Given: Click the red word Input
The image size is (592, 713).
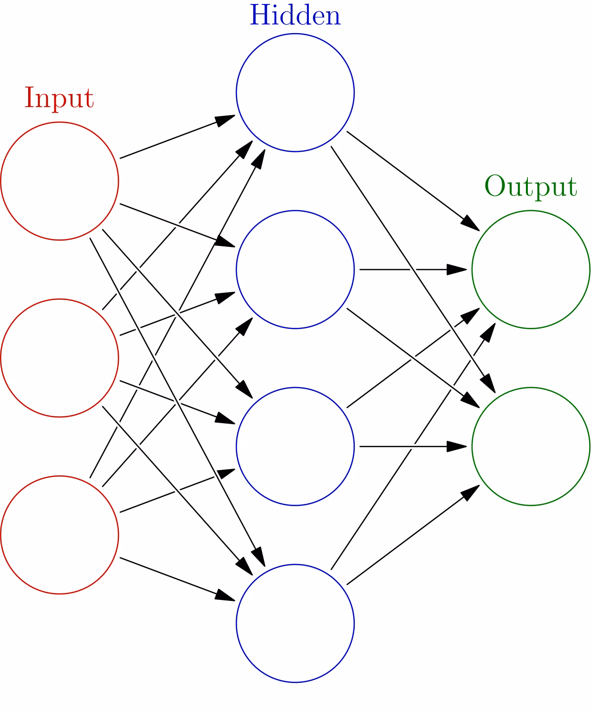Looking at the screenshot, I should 59,99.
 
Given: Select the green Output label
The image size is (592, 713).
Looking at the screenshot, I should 531,187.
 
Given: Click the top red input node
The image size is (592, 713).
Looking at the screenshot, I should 60,181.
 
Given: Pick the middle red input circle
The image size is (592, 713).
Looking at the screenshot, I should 60,358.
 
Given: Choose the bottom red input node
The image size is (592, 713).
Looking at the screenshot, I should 60,535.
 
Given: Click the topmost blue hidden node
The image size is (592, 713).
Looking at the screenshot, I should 295,93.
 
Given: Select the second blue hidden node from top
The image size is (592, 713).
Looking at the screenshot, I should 295,270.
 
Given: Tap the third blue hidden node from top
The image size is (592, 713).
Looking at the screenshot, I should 295,446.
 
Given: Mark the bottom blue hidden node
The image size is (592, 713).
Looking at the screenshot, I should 295,623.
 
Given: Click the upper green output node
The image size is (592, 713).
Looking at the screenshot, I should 531,270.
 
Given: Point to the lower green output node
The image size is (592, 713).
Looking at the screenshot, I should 531,446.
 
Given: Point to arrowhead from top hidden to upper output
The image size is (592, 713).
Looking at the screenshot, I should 470,223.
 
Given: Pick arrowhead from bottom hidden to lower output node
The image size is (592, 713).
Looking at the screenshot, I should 470,492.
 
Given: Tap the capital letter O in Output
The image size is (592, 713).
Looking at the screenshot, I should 494,187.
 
